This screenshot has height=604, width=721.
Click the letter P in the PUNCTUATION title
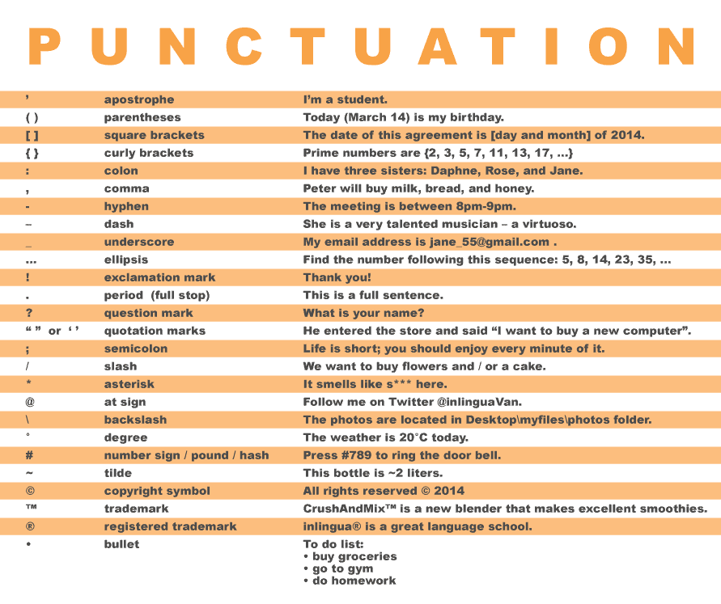[x=45, y=48]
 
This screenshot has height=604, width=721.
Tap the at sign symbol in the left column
[x=29, y=402]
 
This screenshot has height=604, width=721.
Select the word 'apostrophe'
[x=138, y=99]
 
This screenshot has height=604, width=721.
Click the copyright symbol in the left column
[x=29, y=491]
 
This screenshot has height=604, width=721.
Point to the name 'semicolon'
[x=135, y=348]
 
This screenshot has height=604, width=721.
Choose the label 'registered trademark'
[x=170, y=526]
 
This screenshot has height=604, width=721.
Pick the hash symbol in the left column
[x=29, y=455]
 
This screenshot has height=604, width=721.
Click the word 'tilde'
[x=117, y=473]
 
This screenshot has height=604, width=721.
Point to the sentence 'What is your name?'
[x=363, y=313]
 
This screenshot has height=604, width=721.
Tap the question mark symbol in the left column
[x=29, y=313]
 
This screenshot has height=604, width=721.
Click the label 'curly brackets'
[x=149, y=153]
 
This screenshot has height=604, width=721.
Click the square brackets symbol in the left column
[x=32, y=135]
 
